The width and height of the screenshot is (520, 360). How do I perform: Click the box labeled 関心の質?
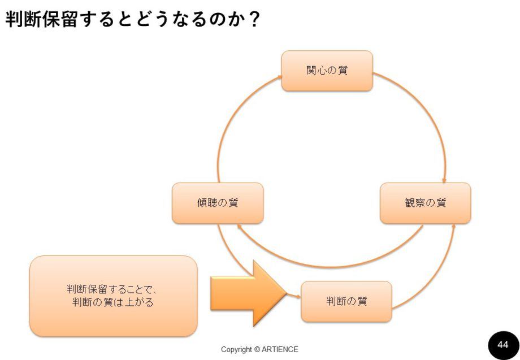click(327, 71)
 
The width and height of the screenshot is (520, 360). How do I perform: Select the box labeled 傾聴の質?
click(218, 203)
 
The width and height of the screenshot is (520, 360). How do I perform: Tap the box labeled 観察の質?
click(425, 203)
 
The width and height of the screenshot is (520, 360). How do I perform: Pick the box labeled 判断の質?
click(346, 301)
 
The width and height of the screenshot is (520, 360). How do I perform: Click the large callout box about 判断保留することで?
click(113, 296)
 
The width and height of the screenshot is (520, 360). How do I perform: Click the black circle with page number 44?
click(502, 344)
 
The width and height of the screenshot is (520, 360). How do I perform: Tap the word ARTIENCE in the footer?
click(280, 349)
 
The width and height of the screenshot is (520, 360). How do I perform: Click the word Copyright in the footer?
click(236, 349)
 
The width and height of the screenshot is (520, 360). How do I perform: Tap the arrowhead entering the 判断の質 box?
click(298, 296)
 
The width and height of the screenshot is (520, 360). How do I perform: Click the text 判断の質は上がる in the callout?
click(113, 302)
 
